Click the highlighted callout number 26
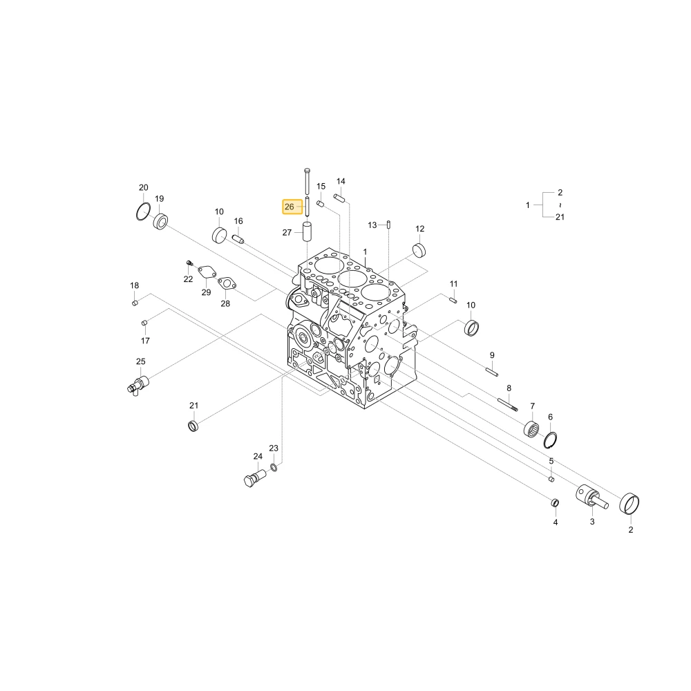290,207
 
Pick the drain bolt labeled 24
255,477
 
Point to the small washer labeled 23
273,466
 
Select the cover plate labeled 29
207,272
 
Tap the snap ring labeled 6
550,439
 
